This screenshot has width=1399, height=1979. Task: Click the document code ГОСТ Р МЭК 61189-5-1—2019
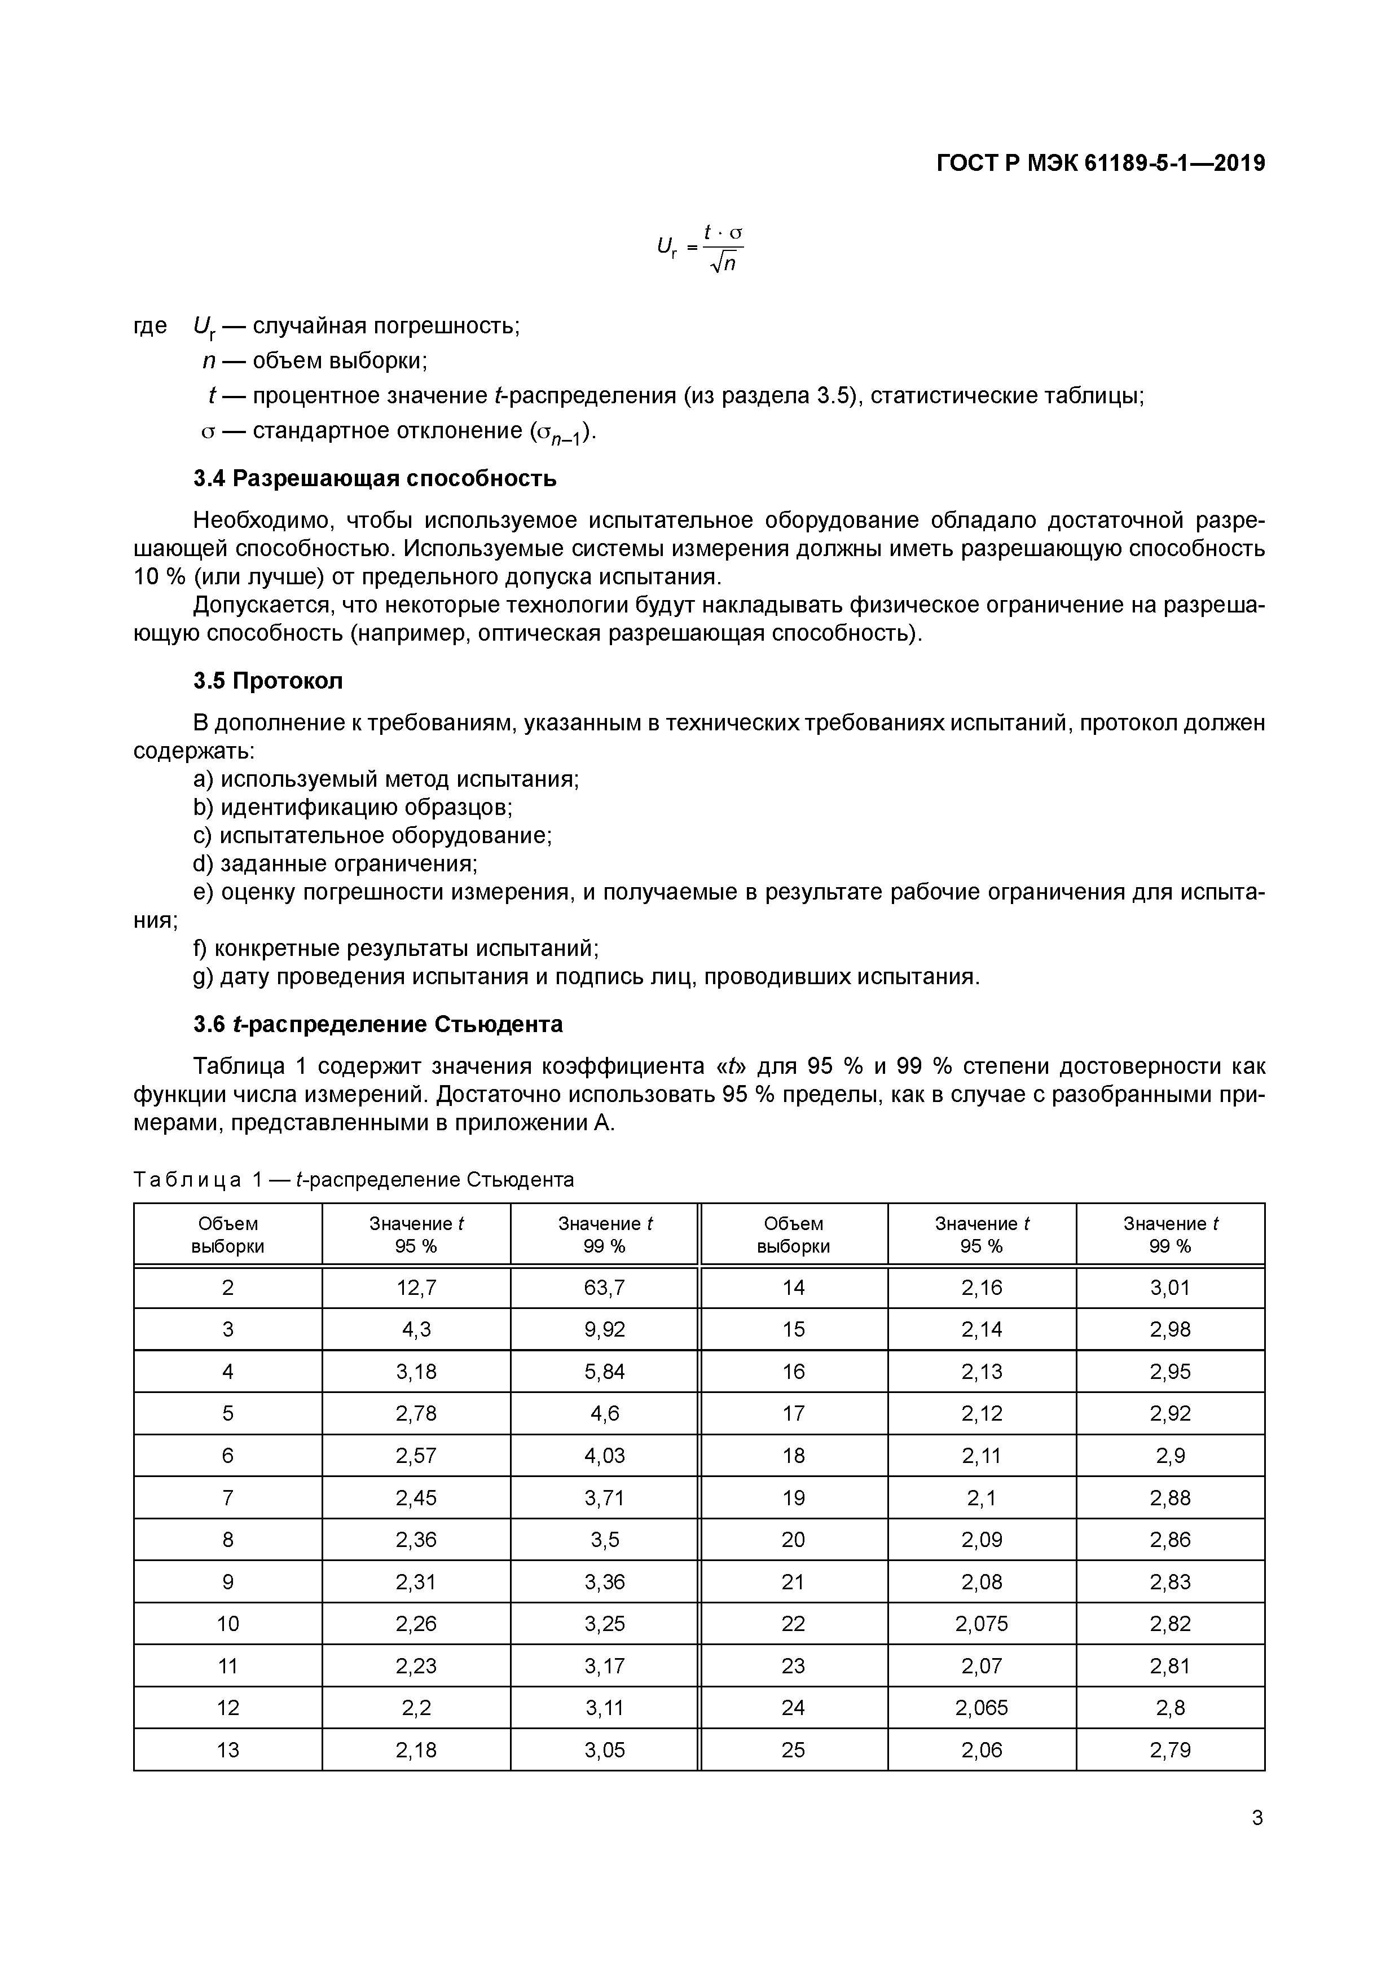[1101, 163]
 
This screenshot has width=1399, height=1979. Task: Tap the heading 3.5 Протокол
[268, 681]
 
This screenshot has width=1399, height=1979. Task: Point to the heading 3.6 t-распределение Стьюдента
[377, 1024]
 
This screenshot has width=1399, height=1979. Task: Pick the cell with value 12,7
[416, 1288]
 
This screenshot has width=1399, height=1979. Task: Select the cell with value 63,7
[604, 1288]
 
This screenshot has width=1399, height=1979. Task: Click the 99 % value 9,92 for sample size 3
[604, 1329]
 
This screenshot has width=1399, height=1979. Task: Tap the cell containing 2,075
[981, 1624]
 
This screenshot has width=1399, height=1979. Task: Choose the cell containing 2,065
[981, 1708]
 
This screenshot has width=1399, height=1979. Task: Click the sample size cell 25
[793, 1749]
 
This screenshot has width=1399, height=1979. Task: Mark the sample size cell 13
[227, 1749]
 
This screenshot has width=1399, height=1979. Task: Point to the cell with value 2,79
[1170, 1749]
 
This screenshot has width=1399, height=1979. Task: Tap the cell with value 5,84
[604, 1372]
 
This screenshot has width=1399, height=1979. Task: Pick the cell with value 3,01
[1170, 1288]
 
